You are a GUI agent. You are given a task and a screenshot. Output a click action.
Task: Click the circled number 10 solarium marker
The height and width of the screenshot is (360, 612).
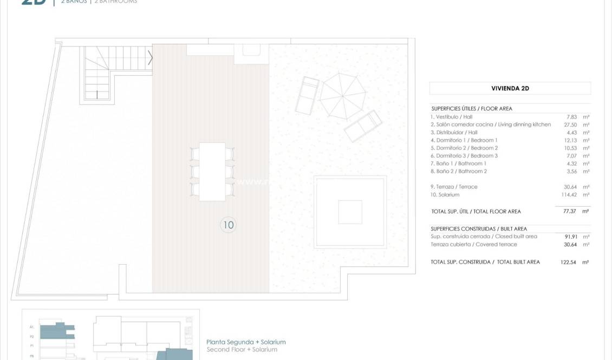tap(229, 225)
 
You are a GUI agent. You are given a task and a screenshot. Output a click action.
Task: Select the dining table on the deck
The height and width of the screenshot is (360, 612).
tap(212, 172)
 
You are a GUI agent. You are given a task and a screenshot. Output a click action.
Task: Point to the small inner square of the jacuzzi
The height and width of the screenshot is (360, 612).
tap(350, 212)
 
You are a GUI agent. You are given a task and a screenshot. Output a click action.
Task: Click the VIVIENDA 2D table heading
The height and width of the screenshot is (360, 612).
tap(510, 88)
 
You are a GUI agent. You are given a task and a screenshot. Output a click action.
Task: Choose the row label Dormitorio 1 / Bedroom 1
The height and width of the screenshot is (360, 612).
tap(464, 140)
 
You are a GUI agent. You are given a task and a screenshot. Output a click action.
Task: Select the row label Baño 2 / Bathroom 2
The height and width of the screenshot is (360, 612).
tap(459, 171)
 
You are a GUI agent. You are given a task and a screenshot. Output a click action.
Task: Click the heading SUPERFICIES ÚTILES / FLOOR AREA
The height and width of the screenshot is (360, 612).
tap(472, 109)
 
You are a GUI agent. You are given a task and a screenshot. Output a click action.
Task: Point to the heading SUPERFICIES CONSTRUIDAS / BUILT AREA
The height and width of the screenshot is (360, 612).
tap(479, 229)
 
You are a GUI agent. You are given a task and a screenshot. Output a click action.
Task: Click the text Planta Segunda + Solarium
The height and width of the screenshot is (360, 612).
tap(246, 342)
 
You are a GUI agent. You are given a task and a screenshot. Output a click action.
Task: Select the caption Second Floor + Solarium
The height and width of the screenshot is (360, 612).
tap(242, 350)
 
